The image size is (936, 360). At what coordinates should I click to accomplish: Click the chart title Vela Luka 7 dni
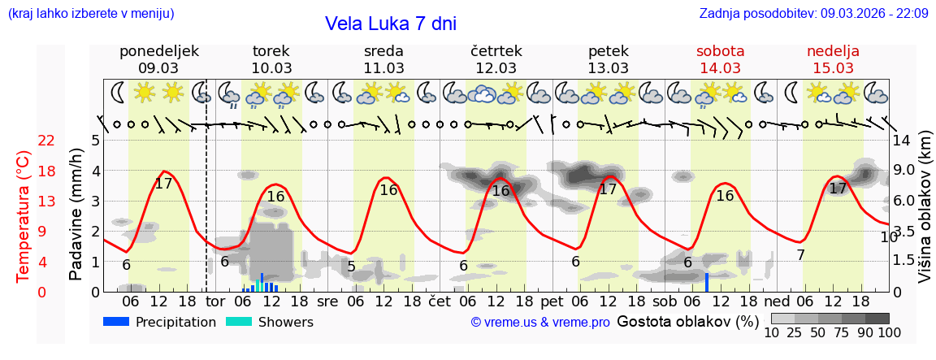point(390,24)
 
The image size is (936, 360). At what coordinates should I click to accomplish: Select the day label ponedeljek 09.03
point(158,59)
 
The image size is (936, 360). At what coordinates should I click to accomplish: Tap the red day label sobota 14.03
point(720,59)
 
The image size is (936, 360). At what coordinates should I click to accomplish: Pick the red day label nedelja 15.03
point(833,59)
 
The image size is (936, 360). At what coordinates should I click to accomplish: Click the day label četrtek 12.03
point(496,59)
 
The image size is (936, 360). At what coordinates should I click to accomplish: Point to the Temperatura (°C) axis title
point(24,215)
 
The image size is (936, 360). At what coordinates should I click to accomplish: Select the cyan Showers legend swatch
point(239,322)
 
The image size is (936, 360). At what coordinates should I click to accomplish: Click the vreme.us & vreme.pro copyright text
point(540,323)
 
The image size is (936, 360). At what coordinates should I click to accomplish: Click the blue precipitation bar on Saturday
point(707,282)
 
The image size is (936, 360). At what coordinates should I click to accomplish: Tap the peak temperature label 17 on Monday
point(163,184)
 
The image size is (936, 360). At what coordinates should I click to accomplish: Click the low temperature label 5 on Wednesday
point(351,266)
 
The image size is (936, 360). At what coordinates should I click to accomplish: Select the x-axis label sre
point(327,301)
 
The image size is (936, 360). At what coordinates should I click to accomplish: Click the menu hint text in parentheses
point(91,13)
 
